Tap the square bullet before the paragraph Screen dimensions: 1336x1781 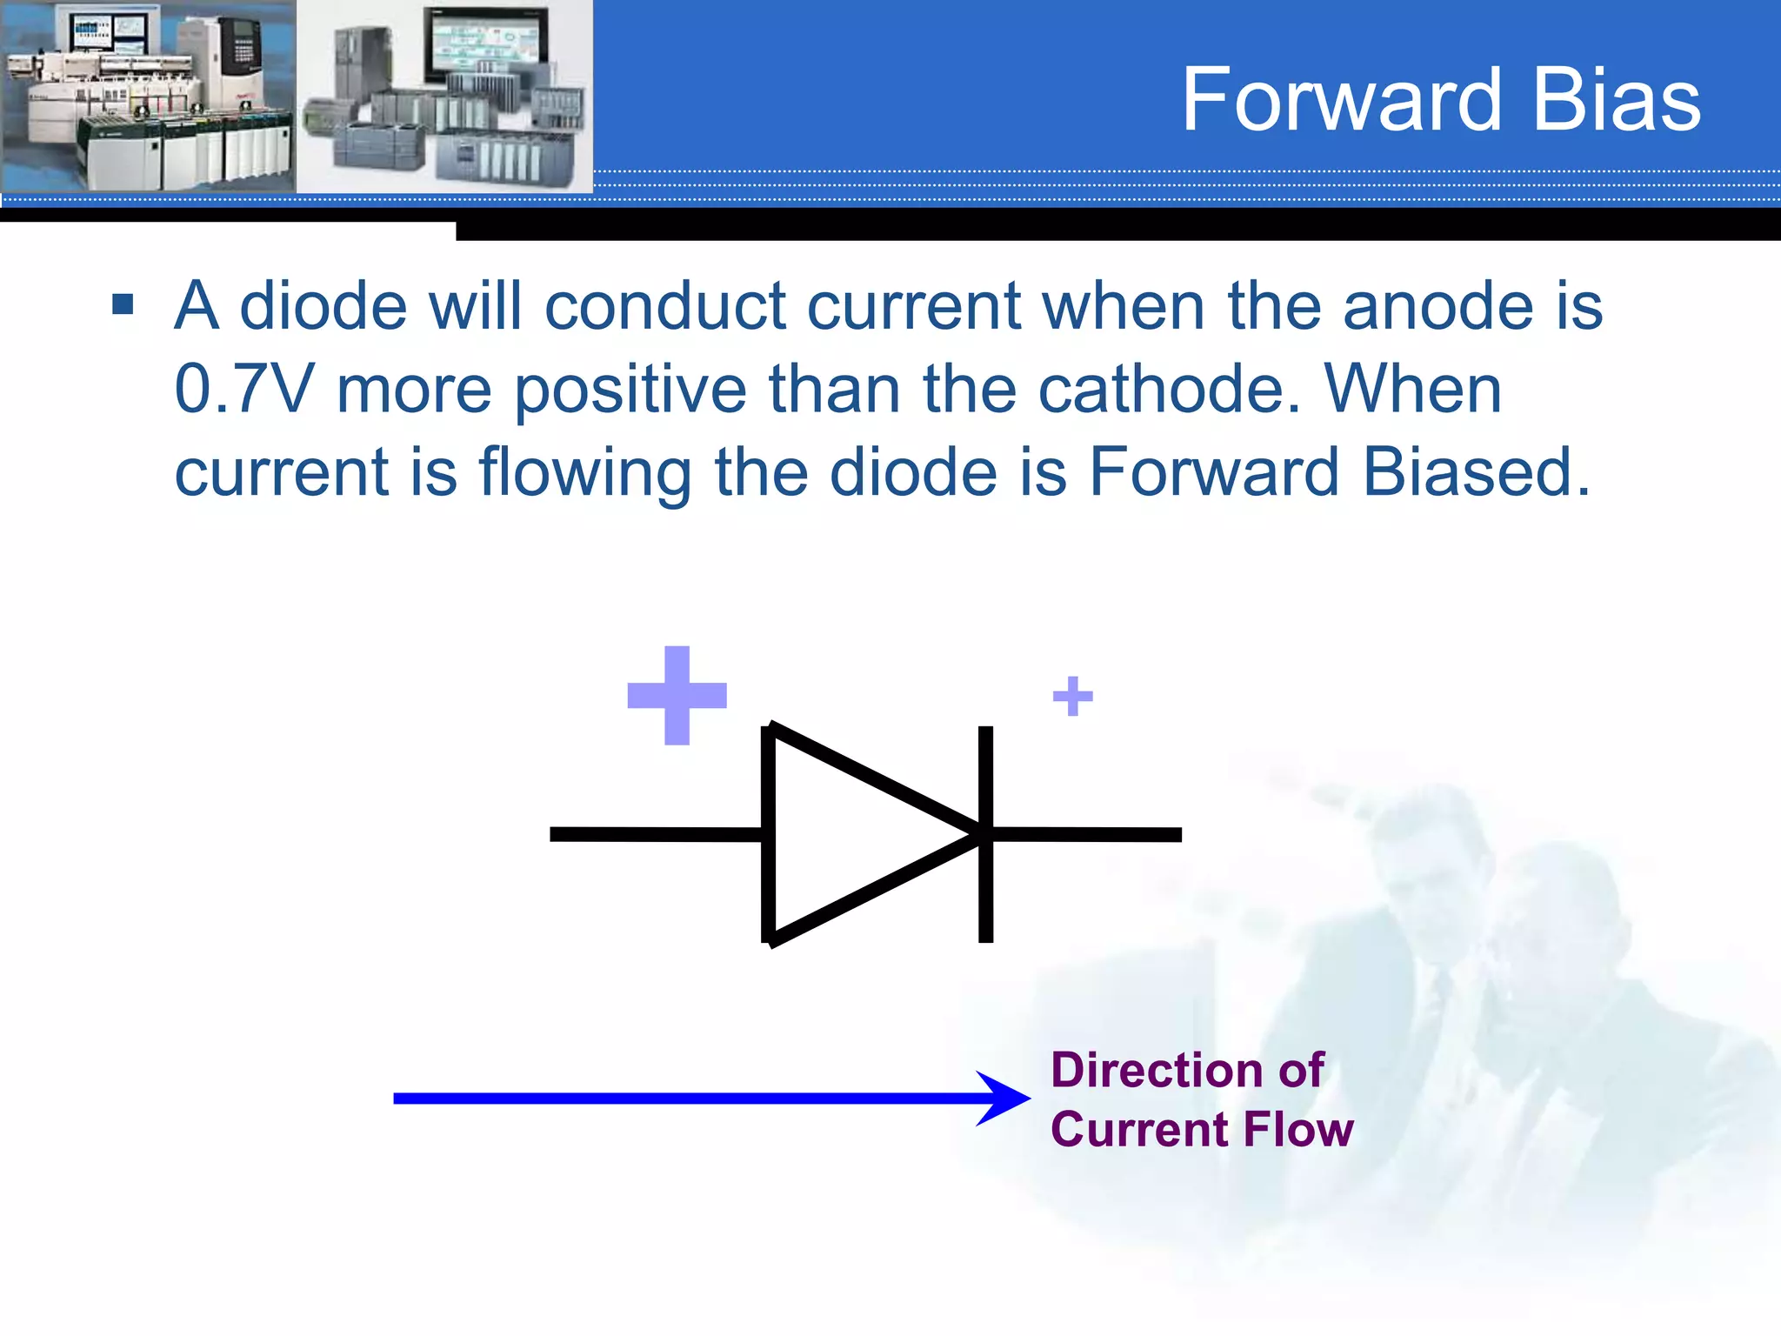tap(123, 304)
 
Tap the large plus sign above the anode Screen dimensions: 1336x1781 tap(677, 695)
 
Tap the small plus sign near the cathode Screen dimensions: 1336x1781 tap(1072, 696)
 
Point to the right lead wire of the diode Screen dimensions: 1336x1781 tap(1087, 835)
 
